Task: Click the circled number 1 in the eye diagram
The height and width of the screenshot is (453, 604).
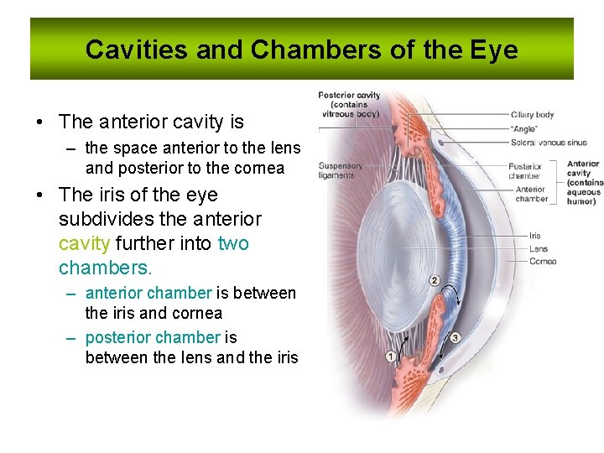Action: point(391,357)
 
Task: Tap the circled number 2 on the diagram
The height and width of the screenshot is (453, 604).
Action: point(434,279)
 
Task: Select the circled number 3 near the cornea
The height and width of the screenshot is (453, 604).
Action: point(455,338)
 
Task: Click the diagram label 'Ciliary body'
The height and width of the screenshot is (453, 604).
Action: point(532,115)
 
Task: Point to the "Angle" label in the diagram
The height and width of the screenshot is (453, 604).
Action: point(524,129)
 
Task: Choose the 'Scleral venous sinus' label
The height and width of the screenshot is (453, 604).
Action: point(548,143)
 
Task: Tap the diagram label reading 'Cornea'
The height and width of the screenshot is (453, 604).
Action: point(542,262)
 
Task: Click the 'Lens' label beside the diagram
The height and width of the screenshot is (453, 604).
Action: point(538,249)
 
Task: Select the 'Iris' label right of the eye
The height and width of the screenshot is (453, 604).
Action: point(535,237)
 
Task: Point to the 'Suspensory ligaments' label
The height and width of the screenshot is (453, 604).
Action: point(340,170)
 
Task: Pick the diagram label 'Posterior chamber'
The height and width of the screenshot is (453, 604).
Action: point(525,171)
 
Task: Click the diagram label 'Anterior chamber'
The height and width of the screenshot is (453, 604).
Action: point(531,194)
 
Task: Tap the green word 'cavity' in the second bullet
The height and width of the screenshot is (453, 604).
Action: point(84,243)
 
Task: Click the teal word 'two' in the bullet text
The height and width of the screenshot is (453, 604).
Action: point(233,243)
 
